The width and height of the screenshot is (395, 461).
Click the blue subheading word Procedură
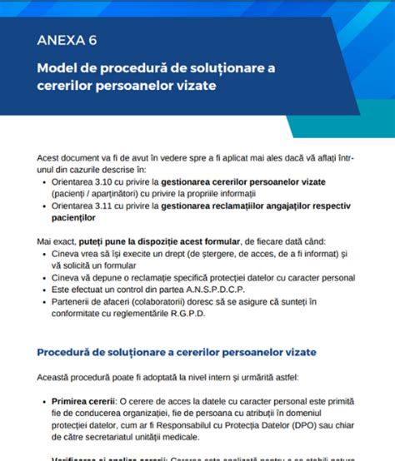tap(69, 352)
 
